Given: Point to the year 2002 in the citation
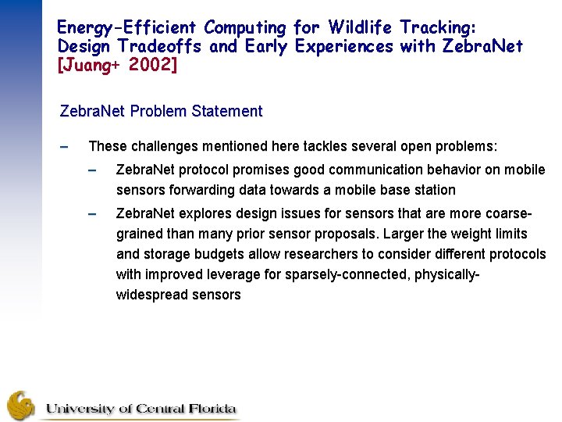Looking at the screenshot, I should point(155,65).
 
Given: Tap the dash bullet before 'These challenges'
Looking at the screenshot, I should point(65,146).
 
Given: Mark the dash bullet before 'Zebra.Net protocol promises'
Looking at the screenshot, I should point(92,170).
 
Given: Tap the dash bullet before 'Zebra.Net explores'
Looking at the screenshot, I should point(92,213).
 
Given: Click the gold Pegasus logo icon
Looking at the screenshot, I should point(21,405).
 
